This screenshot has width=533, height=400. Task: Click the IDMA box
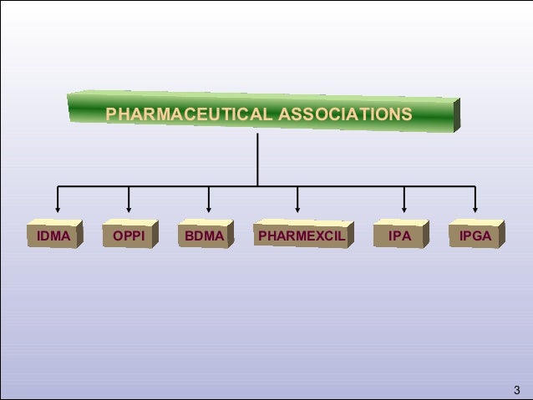click(x=53, y=237)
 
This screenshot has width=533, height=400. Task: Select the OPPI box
click(x=128, y=237)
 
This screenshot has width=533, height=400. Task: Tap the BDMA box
click(x=205, y=237)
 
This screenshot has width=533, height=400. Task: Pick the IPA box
click(x=400, y=237)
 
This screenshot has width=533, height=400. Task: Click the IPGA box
click(x=475, y=237)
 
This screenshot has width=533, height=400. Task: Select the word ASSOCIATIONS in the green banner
click(x=344, y=114)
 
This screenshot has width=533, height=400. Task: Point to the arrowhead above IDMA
click(x=58, y=210)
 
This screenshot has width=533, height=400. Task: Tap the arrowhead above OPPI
click(x=129, y=210)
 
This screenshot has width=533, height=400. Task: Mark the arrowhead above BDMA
click(x=209, y=210)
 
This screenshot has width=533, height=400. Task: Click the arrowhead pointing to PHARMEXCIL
click(x=298, y=210)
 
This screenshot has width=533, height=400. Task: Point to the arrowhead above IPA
click(x=404, y=210)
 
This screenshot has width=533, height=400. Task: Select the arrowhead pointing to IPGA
click(x=475, y=210)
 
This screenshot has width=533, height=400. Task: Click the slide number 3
click(x=516, y=389)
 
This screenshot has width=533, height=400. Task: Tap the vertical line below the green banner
click(x=258, y=159)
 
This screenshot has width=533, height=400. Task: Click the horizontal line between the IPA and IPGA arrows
click(x=439, y=185)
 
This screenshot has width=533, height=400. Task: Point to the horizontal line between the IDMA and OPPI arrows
click(x=93, y=185)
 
